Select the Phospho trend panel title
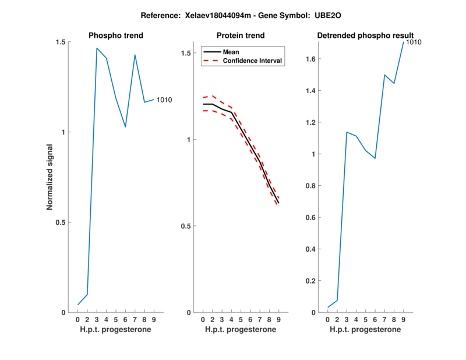pyautogui.click(x=115, y=36)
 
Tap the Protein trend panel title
pyautogui.click(x=241, y=36)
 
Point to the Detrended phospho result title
pyautogui.click(x=365, y=36)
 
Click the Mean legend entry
pyautogui.click(x=231, y=52)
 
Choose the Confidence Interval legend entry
pyautogui.click(x=253, y=61)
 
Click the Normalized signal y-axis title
pyautogui.click(x=50, y=177)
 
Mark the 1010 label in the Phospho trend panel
pyautogui.click(x=164, y=100)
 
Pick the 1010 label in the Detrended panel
pyautogui.click(x=414, y=42)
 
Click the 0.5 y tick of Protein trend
pyautogui.click(x=186, y=226)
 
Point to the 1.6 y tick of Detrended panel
pyautogui.click(x=310, y=59)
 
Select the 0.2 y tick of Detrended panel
pyautogui.click(x=310, y=281)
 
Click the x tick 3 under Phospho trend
pyautogui.click(x=97, y=319)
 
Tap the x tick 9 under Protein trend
pyautogui.click(x=278, y=319)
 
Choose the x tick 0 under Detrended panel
pyautogui.click(x=328, y=319)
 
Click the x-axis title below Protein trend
pyautogui.click(x=241, y=330)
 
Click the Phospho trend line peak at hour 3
pyautogui.click(x=97, y=48)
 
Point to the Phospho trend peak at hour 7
pyautogui.click(x=135, y=55)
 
